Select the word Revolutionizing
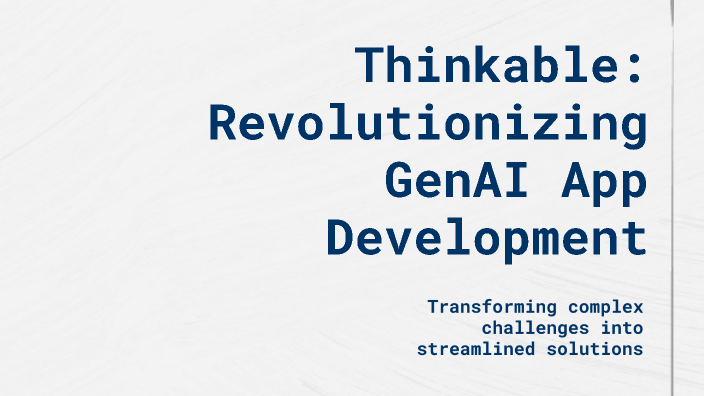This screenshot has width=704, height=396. pos(426,124)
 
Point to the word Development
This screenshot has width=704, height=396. pos(486,240)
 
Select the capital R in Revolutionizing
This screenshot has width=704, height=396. pos(223,124)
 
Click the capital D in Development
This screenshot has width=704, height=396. pos(341,240)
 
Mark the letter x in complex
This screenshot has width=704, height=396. pos(636,308)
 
